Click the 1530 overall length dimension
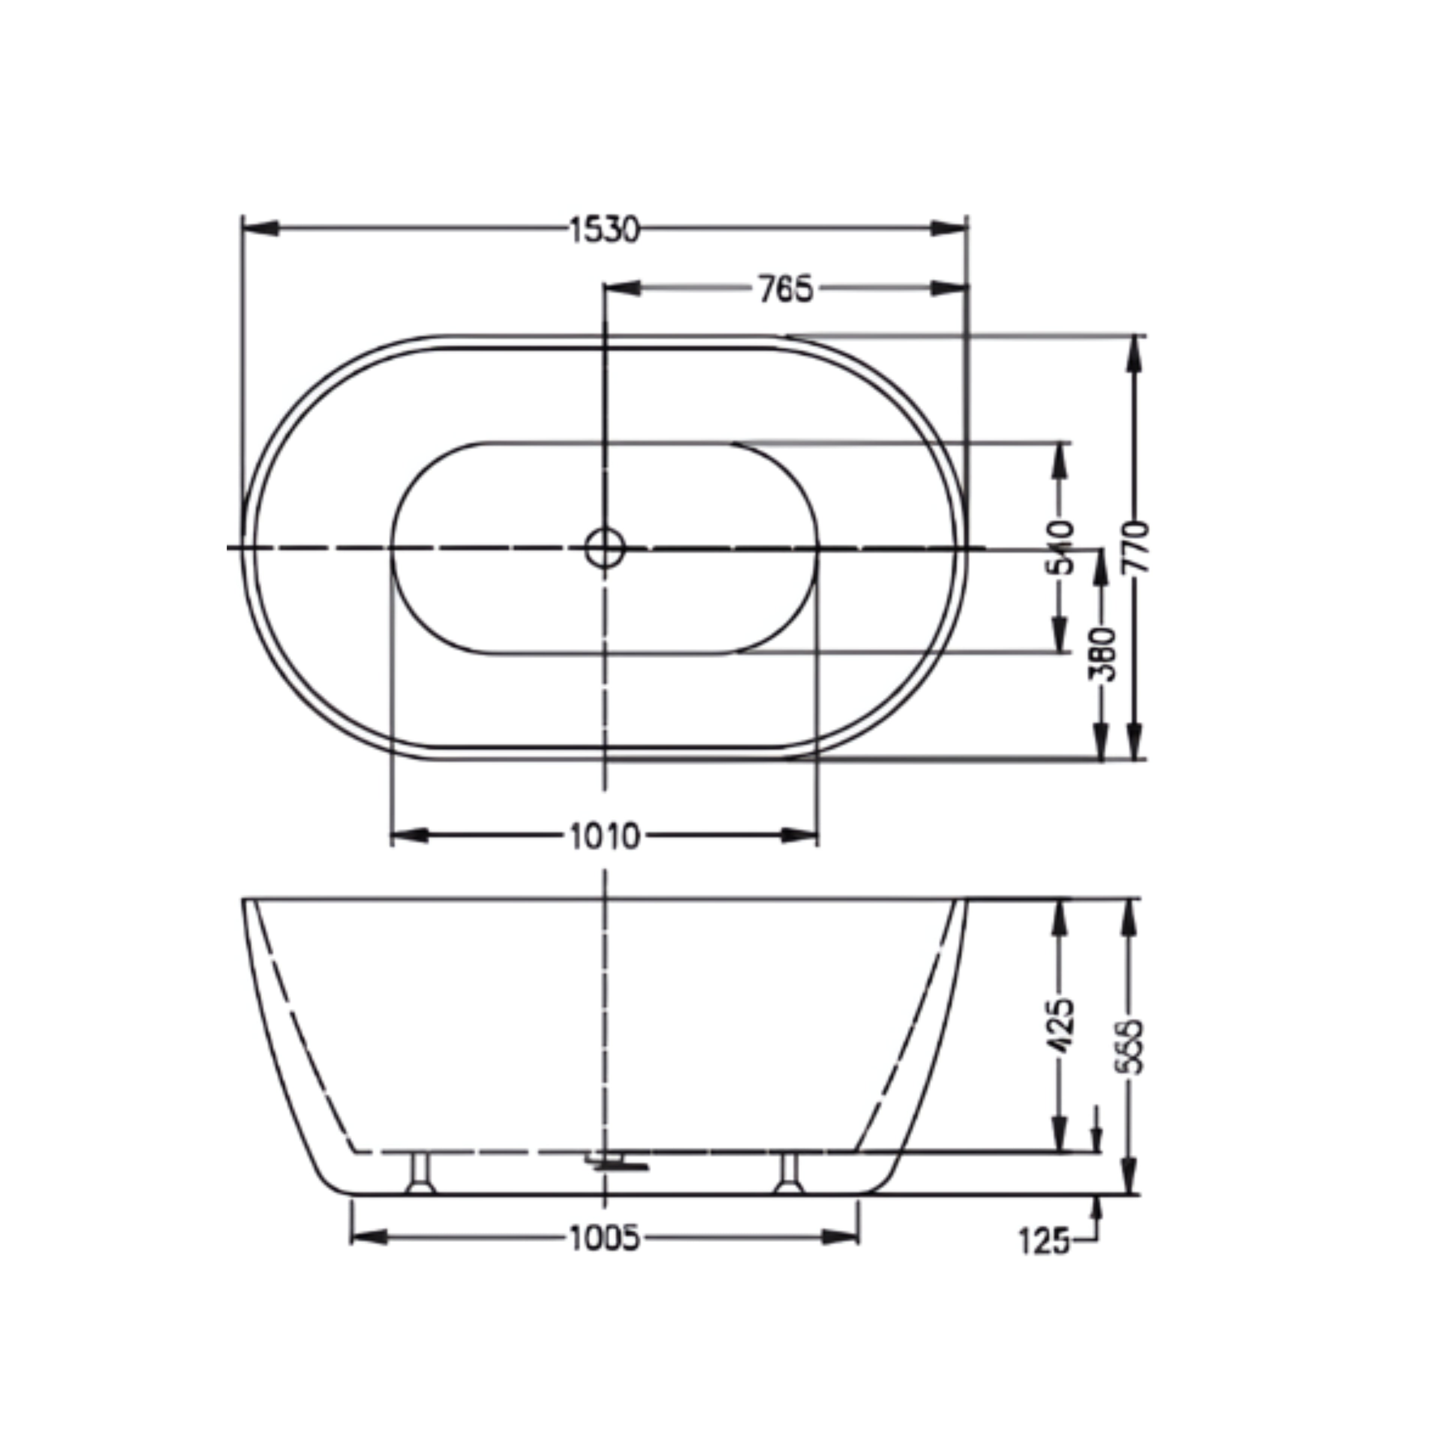604,230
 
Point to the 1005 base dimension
604,1238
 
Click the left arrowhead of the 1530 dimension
261,228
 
